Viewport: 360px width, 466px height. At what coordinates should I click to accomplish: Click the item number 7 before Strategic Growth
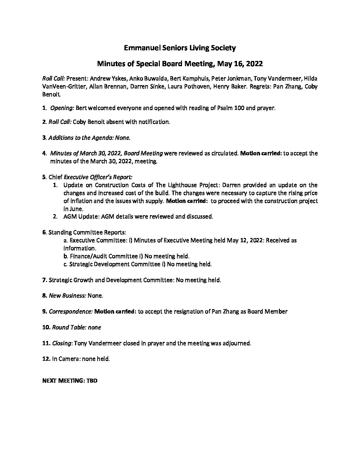(44, 280)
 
